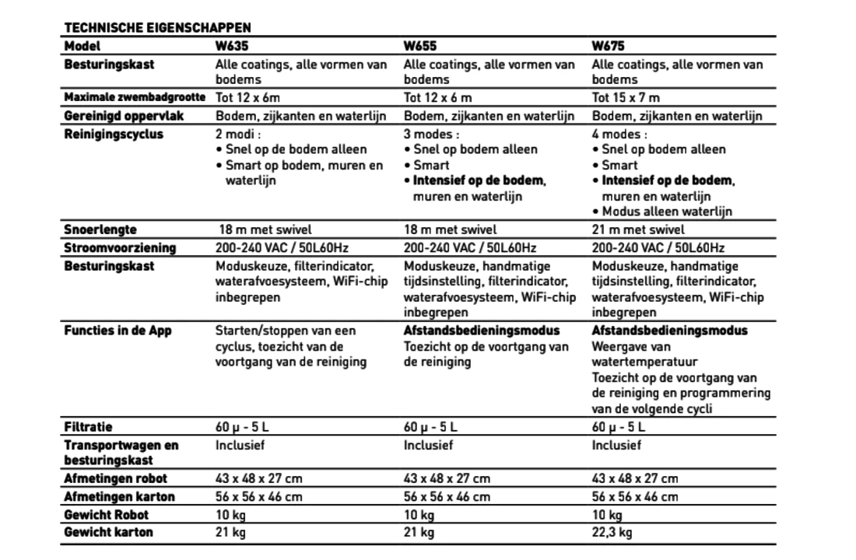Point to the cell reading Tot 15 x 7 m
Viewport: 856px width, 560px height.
[x=626, y=98]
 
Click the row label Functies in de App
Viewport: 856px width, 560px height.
[x=118, y=331]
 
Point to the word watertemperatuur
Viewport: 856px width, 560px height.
[x=644, y=362]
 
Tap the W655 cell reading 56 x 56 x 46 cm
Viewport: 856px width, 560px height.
[x=447, y=497]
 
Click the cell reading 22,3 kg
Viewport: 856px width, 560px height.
[x=612, y=533]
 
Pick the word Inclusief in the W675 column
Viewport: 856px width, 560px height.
[x=616, y=446]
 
